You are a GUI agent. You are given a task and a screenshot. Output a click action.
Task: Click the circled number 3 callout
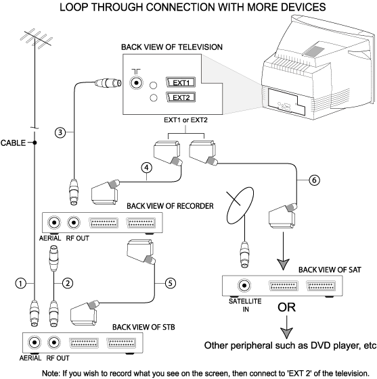60,132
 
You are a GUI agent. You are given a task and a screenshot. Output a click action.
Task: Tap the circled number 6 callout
314,180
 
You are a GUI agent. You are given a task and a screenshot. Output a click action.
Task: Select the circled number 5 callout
170,283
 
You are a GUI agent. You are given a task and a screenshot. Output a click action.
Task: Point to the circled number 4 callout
147,168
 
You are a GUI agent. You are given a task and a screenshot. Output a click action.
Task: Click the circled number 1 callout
20,283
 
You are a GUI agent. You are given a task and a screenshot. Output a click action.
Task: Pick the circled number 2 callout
68,283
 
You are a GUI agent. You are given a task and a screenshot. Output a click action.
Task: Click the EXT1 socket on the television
181,82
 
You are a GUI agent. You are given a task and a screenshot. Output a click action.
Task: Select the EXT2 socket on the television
181,97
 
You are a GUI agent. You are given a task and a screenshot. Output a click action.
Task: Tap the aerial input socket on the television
136,83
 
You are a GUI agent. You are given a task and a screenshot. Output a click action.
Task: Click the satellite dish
240,205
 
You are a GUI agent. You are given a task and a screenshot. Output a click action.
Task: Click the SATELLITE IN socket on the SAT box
244,286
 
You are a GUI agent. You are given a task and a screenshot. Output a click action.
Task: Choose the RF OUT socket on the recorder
74,222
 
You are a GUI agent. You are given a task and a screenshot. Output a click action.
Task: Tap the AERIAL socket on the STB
35,343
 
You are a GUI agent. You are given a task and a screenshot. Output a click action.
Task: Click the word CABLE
13,143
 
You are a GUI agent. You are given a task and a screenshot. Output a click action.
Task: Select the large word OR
287,307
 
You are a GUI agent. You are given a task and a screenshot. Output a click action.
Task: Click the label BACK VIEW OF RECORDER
170,206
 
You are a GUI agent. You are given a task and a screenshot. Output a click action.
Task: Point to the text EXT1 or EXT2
185,120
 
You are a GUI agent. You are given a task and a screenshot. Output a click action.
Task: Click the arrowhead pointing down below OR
287,333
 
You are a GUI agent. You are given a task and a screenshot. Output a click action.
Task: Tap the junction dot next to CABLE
35,143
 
